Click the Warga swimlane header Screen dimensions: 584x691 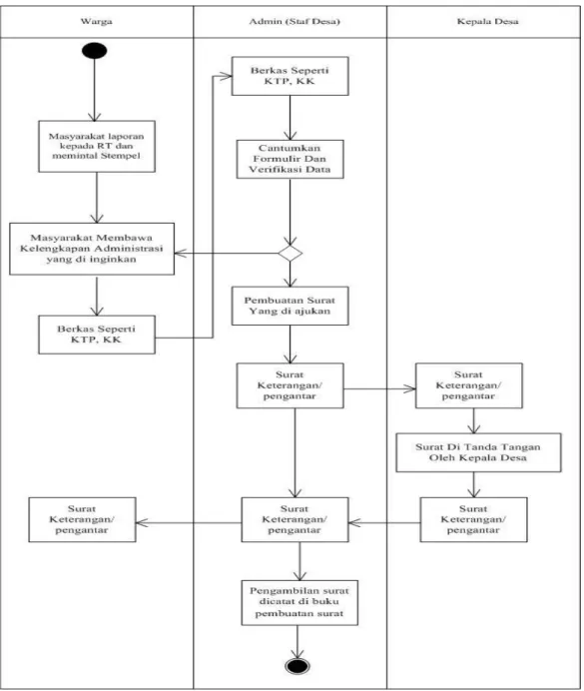(97, 21)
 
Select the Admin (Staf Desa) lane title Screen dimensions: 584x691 (294, 21)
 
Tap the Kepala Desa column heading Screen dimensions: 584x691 (487, 21)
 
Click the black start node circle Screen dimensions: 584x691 (94, 51)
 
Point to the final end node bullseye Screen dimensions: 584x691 (297, 665)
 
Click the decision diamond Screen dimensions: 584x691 (291, 254)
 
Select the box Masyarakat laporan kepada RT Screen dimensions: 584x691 (97, 147)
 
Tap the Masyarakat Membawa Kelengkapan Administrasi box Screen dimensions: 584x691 (92, 249)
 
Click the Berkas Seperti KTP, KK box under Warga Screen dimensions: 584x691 (97, 335)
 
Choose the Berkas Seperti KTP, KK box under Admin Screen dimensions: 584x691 (291, 76)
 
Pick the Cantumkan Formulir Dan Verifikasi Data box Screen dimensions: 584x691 (291, 159)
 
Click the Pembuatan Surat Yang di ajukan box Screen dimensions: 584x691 (291, 306)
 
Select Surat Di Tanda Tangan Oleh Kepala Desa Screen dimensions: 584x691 (479, 452)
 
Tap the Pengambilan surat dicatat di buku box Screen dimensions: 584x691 (299, 602)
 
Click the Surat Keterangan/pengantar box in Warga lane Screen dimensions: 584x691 (82, 519)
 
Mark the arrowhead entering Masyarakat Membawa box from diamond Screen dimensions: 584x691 (180, 254)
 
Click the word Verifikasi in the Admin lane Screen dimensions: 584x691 (269, 169)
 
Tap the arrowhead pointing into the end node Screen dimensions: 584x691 (297, 653)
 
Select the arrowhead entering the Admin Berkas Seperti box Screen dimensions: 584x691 (226, 76)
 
